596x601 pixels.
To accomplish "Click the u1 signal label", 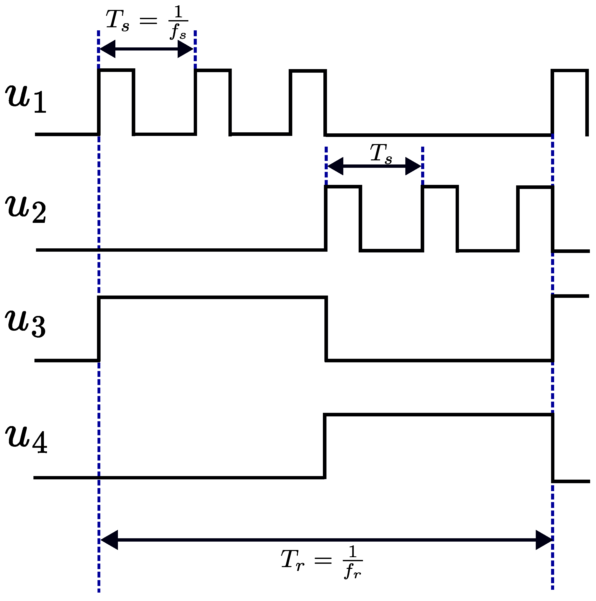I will coord(26,99).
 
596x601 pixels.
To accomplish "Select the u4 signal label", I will coord(26,439).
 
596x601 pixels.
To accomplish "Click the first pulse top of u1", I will coord(116,70).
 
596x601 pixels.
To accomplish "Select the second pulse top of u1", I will coord(213,70).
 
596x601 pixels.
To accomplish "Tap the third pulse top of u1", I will coord(308,71).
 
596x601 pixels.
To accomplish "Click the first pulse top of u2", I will coord(343,187).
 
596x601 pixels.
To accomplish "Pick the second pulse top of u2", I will coord(440,187).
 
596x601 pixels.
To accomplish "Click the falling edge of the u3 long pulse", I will coord(326,329).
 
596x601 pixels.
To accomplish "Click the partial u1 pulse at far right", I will coord(569,71).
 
